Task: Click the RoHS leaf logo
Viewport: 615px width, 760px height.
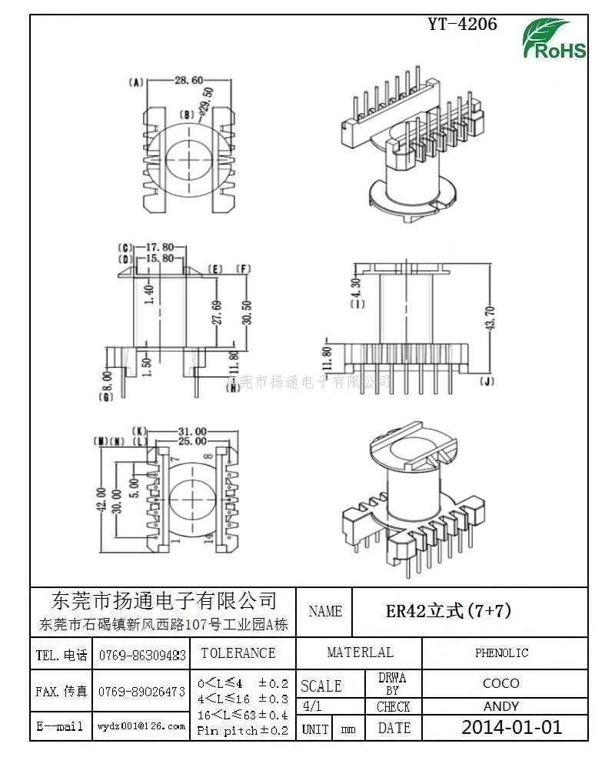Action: coord(553,39)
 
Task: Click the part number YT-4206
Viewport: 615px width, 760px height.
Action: coord(463,24)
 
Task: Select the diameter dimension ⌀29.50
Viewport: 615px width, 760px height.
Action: coord(205,102)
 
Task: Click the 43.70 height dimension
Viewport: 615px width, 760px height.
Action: coord(491,317)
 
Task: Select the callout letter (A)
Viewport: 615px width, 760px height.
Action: coord(136,82)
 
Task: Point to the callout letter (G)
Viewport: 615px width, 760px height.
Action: coord(107,397)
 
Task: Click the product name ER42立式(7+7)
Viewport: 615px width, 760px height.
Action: coord(448,611)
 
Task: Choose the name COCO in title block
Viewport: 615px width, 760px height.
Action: coord(500,682)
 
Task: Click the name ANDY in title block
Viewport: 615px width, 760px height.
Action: coord(500,706)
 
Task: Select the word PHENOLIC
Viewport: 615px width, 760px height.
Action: coord(501,653)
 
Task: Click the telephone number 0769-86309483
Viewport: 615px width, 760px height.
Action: coord(142,656)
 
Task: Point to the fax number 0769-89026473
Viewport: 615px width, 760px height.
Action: coord(142,692)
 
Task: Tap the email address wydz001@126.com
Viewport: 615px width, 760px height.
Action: coord(141,725)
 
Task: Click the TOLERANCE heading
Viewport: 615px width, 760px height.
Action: coord(238,653)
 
